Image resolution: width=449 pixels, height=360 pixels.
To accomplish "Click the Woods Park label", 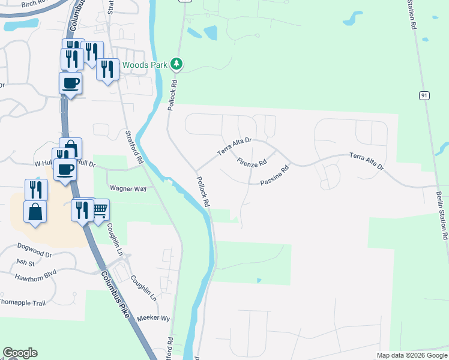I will pyautogui.click(x=146, y=64).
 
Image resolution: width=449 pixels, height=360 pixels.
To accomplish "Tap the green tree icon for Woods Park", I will pyautogui.click(x=176, y=64).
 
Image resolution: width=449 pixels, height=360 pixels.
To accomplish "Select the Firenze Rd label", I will pyautogui.click(x=251, y=163).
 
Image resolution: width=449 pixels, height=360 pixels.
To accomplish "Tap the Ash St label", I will pyautogui.click(x=26, y=262).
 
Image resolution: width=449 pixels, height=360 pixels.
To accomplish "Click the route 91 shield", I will pyautogui.click(x=424, y=95).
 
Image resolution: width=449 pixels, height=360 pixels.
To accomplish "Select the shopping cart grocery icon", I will pyautogui.click(x=100, y=210).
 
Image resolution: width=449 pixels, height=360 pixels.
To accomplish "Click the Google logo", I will pyautogui.click(x=20, y=353).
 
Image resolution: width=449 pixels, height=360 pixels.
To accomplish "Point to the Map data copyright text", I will pyautogui.click(x=411, y=355).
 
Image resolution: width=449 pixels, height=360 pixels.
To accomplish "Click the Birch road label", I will pyautogui.click(x=34, y=4).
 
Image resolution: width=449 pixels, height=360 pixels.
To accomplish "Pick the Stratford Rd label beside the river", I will pyautogui.click(x=134, y=147).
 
